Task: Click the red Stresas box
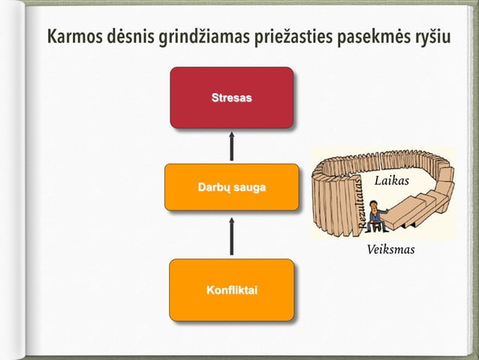coord(231,98)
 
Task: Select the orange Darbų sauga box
coord(231,186)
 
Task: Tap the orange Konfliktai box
coord(231,289)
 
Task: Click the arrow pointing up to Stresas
coord(231,146)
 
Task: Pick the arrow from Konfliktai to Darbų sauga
coord(231,236)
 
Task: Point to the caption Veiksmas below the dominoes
coord(390,250)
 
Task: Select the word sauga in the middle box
coord(249,186)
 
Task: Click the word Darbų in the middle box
coord(212,186)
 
